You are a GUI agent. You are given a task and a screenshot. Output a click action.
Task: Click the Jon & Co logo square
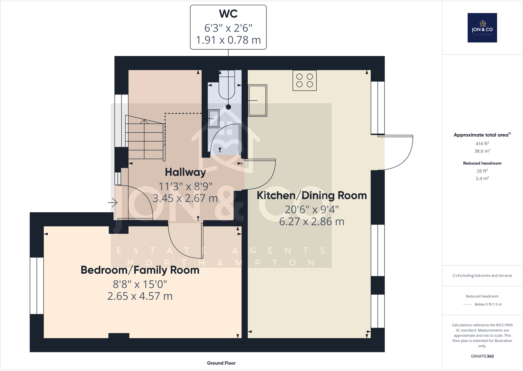(x=482, y=28)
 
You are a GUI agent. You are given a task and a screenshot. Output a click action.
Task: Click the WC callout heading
(x=228, y=14)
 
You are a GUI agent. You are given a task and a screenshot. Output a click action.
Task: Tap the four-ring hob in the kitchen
(x=305, y=80)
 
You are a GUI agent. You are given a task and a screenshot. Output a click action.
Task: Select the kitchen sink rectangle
(x=258, y=100)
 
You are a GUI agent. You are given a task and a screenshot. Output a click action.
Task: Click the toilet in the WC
(x=227, y=87)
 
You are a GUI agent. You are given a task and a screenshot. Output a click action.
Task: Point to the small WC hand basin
(x=213, y=119)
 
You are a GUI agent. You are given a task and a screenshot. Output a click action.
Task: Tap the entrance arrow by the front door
(x=113, y=202)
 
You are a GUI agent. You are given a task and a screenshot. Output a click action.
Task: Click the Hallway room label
(x=185, y=172)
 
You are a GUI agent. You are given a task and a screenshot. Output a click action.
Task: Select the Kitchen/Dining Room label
(x=311, y=195)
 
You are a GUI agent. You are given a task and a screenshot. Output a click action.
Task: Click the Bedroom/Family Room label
(x=140, y=270)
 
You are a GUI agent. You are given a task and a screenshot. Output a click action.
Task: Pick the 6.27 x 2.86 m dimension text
(x=311, y=222)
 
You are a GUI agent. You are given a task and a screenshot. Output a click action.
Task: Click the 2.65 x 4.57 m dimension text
(x=140, y=296)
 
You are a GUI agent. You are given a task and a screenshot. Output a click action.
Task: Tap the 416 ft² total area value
(x=482, y=144)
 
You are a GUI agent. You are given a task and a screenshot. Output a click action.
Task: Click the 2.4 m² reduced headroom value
(x=482, y=178)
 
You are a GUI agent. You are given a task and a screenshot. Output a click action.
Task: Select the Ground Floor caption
(x=221, y=363)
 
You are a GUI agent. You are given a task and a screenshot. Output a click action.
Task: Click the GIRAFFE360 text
(x=482, y=356)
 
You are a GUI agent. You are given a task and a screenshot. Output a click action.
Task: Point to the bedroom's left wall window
(x=37, y=285)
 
